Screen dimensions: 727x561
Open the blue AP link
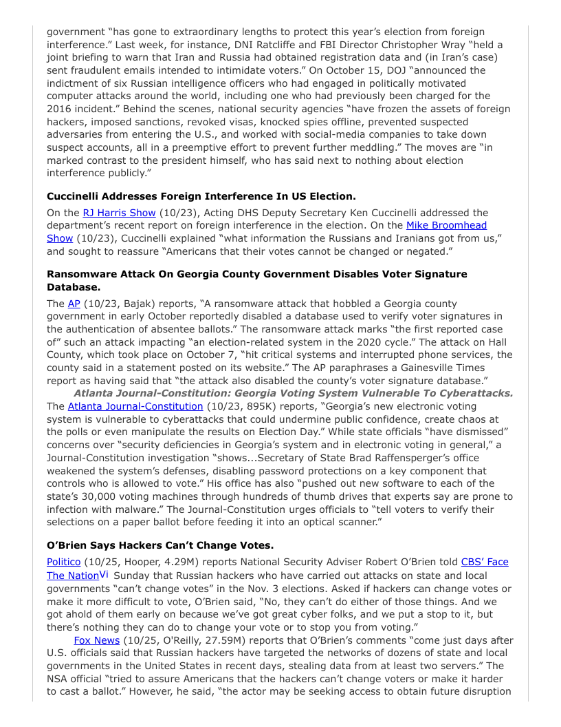pos(74,304)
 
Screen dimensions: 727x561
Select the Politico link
pos(64,562)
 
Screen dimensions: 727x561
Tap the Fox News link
pos(97,640)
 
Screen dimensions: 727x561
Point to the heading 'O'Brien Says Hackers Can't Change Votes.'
pos(160,545)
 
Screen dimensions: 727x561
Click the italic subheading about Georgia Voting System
pos(293,393)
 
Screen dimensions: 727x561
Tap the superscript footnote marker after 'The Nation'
pos(104,573)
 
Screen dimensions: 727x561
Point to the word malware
pos(146,509)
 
